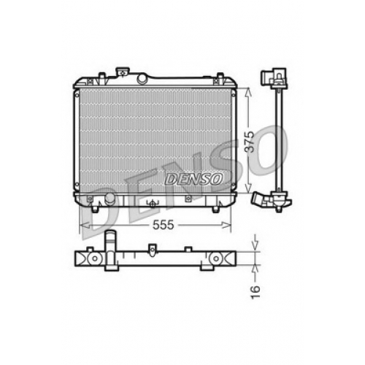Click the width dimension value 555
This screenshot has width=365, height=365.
(164, 225)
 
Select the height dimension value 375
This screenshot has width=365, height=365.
(249, 142)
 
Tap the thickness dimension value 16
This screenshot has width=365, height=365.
(255, 292)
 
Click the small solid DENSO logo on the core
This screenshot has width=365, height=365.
(193, 180)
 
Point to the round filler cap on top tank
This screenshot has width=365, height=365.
(142, 79)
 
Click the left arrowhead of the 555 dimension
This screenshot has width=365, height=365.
(84, 225)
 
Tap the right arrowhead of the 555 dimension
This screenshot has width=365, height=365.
(226, 225)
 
